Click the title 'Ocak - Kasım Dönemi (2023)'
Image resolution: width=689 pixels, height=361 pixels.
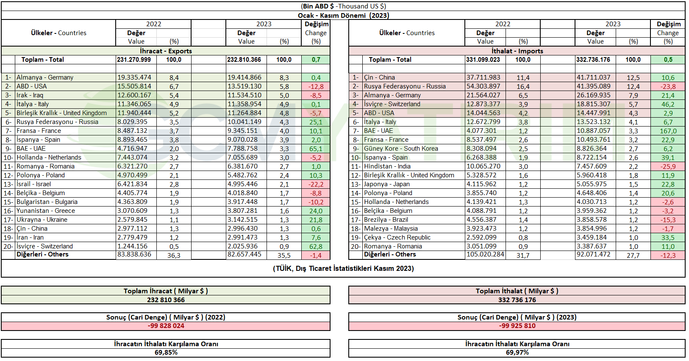coord(343,15)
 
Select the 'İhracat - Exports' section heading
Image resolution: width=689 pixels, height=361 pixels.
coord(166,51)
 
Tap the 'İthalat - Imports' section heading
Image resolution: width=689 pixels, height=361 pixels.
coord(517,51)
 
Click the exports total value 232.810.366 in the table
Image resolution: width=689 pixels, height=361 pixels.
coord(244,60)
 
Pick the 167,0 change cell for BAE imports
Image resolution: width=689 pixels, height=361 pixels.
coord(668,131)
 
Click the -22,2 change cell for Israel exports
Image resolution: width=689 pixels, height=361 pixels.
coord(316,185)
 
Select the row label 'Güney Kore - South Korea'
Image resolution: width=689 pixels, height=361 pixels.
coord(401,149)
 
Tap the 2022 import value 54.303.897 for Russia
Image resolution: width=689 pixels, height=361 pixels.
coord(483,86)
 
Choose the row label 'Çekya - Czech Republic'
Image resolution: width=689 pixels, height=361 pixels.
coord(397,237)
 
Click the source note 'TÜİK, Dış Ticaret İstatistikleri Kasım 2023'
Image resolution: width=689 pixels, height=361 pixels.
coord(344,268)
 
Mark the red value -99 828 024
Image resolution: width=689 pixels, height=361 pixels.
coord(166,326)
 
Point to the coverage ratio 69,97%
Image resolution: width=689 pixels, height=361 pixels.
coord(517,353)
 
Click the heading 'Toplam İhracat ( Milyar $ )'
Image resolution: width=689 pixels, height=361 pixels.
coord(166,291)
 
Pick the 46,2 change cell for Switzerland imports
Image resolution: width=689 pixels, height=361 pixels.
coord(668,104)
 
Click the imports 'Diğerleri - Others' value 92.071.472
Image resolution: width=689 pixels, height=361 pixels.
coord(593,254)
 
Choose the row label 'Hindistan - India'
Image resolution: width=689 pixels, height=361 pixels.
coord(387,166)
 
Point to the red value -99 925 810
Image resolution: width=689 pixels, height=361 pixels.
coord(517,326)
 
